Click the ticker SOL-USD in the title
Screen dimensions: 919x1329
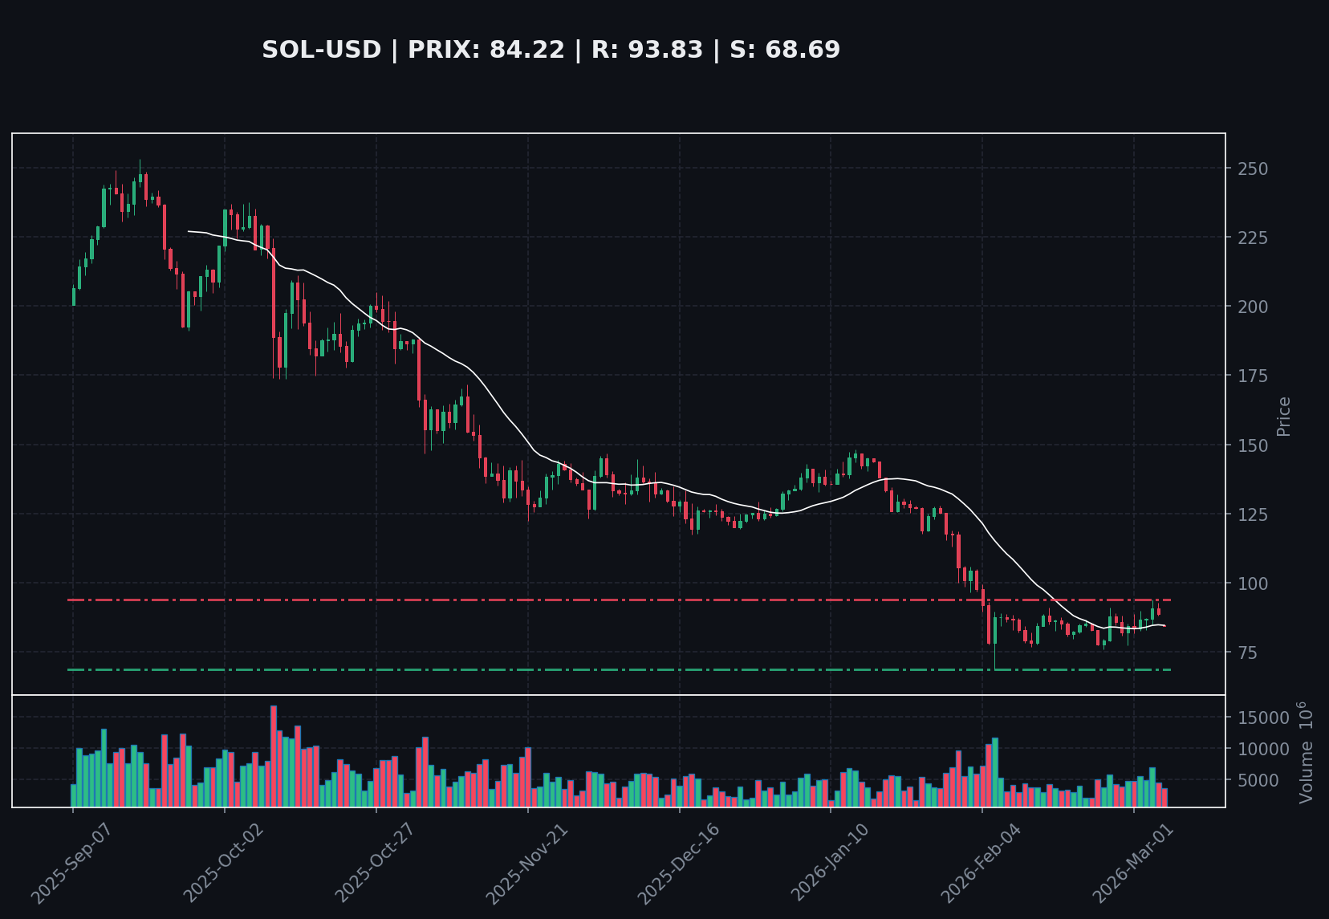pos(321,50)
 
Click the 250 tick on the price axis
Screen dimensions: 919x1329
pos(1253,169)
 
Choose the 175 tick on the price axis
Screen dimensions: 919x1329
pos(1253,376)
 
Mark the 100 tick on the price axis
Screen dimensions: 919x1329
pos(1253,584)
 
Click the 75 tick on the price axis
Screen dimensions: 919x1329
pos(1248,653)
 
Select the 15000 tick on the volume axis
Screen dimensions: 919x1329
pos(1262,718)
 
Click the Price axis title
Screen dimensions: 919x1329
pos(1284,416)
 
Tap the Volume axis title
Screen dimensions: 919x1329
pos(1306,752)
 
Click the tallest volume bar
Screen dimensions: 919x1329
pos(274,755)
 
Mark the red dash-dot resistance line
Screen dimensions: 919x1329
pos(562,600)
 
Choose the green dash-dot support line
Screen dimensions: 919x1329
pos(562,669)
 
